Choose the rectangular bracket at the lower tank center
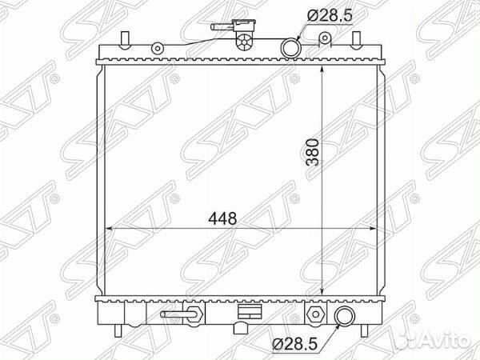(x=248, y=311)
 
